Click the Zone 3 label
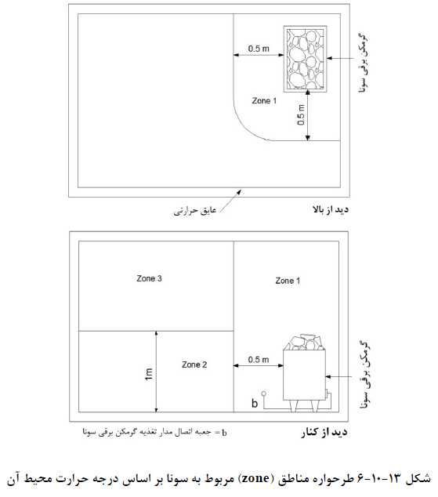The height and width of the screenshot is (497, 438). point(149,278)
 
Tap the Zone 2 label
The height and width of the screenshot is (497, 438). point(194,365)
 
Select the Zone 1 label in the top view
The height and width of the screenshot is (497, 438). point(264,101)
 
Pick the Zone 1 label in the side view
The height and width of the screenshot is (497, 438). point(288,281)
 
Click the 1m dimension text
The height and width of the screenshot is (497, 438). point(149,374)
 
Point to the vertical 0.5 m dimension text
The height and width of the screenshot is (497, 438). point(301,114)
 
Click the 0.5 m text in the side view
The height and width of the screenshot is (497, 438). point(259,360)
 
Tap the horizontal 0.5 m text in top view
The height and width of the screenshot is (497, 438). point(259,49)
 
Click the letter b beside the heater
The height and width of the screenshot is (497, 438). point(255,403)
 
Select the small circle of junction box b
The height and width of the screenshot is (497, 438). point(263,394)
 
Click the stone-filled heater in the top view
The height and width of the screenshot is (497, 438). point(305,59)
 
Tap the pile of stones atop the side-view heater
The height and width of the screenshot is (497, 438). point(305,342)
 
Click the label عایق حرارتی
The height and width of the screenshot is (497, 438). point(195,210)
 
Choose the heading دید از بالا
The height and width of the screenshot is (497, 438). point(331,209)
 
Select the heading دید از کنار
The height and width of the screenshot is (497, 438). point(324,433)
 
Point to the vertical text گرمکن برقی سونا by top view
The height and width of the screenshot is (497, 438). point(364,62)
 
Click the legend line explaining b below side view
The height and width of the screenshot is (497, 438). point(154,433)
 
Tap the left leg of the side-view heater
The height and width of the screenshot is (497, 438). point(294,405)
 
